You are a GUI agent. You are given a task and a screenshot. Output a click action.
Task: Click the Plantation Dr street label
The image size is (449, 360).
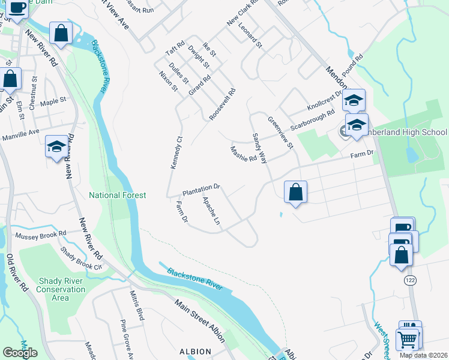(x=201, y=190)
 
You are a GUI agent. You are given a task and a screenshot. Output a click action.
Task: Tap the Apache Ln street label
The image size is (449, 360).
(x=212, y=211)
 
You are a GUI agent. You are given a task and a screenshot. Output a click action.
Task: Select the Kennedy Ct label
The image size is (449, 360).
(x=176, y=153)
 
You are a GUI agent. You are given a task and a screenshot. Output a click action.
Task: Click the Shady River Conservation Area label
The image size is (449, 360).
(x=62, y=289)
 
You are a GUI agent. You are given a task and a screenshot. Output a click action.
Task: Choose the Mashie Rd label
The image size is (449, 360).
(x=244, y=154)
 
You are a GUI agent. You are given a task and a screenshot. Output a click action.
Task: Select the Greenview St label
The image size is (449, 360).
(x=281, y=133)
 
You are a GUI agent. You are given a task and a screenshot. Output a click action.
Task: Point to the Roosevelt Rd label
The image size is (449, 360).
(x=222, y=104)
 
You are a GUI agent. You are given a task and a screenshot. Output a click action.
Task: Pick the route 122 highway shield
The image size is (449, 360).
(x=410, y=280)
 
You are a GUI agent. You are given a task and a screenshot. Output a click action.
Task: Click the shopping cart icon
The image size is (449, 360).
(x=408, y=339)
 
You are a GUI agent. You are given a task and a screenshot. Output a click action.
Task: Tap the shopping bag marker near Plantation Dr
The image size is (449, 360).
(x=295, y=193)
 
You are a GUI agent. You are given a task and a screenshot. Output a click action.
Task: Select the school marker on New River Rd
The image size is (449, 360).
(x=56, y=146)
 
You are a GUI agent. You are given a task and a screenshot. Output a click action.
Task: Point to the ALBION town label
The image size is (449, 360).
(x=195, y=352)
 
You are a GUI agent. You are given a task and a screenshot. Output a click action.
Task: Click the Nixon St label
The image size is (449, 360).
(x=168, y=81)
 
